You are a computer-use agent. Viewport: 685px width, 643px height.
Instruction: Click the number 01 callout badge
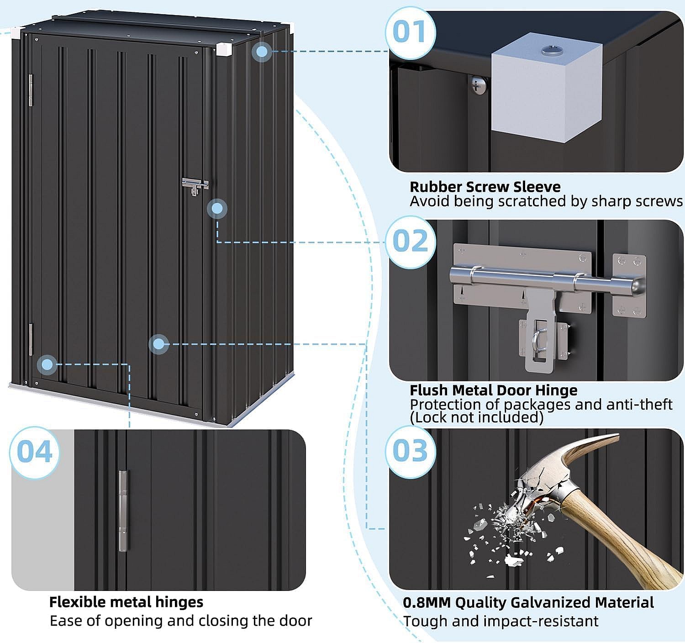coord(410,32)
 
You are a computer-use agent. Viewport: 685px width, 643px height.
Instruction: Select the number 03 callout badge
coord(410,451)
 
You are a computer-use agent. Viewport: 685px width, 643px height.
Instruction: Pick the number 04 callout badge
coord(35,452)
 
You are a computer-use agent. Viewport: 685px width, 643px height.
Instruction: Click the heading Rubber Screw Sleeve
coord(485,187)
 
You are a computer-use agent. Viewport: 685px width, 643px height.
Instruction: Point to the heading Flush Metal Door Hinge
coord(493,390)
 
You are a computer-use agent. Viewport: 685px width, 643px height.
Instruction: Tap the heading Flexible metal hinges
coord(126,602)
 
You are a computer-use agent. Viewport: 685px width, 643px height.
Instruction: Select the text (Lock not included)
coord(476,417)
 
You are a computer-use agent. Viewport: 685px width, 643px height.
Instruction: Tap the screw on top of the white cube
coord(548,50)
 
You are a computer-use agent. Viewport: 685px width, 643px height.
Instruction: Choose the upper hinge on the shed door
coord(31,90)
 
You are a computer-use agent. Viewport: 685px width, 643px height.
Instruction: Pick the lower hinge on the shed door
coord(31,339)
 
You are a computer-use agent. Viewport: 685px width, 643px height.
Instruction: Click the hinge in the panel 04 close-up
coord(123,511)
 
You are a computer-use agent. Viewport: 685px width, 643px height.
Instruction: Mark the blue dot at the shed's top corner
coord(262,52)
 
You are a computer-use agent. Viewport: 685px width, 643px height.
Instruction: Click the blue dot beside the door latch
coord(217,209)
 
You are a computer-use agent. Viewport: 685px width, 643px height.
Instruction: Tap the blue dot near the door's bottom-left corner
coord(47,364)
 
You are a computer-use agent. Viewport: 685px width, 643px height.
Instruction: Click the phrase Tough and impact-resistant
coord(501,622)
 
